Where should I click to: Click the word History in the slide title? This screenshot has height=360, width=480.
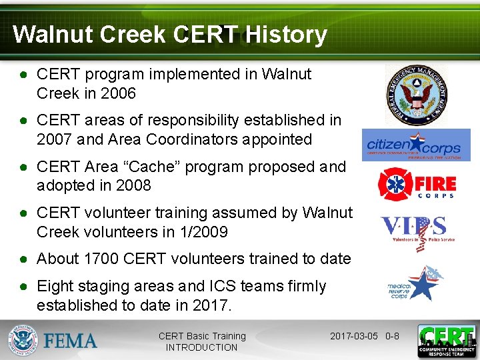tap(285, 35)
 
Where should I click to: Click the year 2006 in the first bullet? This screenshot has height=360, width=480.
tap(118, 93)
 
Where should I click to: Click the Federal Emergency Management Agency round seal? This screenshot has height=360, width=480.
tap(417, 95)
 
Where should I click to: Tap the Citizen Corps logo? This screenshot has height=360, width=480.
tap(416, 145)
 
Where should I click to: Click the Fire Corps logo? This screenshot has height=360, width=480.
tap(417, 183)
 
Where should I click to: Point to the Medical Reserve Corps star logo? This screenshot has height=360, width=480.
tap(415, 283)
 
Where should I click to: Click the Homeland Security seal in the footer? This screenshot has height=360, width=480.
tap(23, 340)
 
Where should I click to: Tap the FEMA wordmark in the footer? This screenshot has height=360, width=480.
tap(70, 341)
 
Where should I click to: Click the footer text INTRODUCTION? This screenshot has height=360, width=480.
tap(201, 347)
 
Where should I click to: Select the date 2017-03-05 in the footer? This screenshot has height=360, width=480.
tap(355, 336)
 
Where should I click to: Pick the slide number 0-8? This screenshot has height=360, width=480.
tap(392, 336)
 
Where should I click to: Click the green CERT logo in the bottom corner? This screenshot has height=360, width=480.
tap(446, 341)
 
